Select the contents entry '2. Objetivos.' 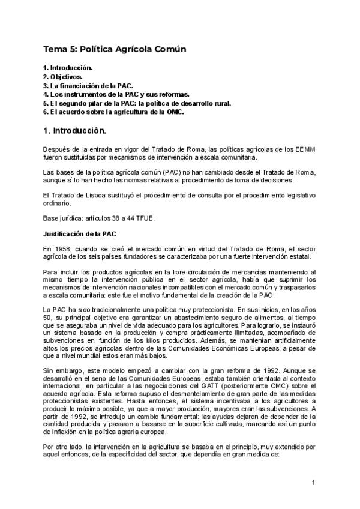coord(63,77)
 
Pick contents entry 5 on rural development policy coord(137,103)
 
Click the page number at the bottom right coord(313,483)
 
